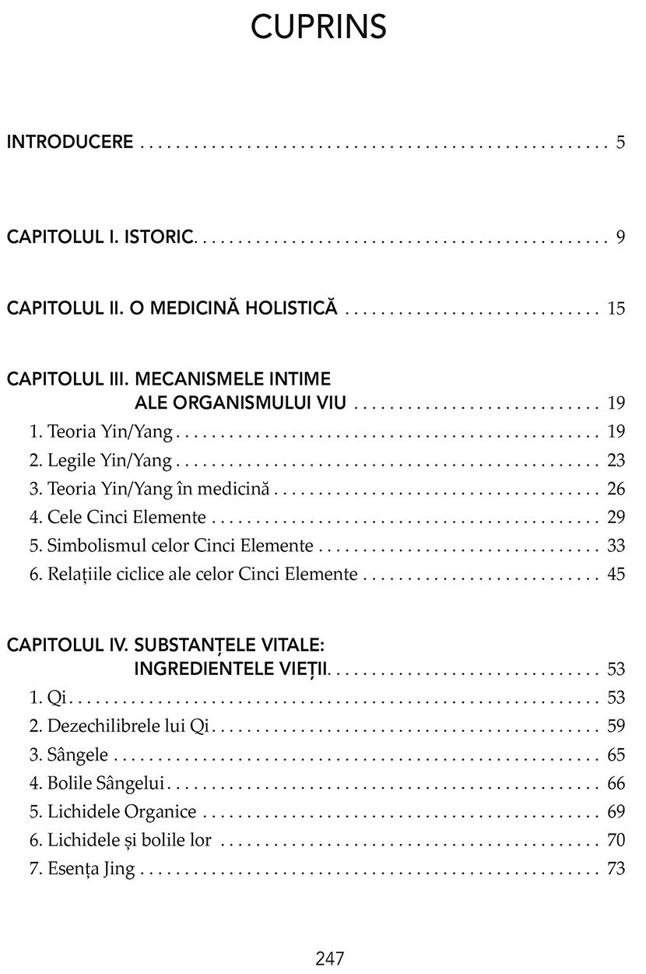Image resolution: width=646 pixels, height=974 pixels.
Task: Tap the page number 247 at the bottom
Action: (x=330, y=958)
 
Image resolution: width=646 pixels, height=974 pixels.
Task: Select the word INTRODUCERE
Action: (x=70, y=142)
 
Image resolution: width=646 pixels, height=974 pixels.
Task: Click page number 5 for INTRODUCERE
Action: (x=620, y=142)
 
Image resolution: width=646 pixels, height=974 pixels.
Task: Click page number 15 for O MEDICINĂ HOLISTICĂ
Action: (x=616, y=309)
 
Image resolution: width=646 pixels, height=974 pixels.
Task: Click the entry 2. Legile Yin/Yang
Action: (x=100, y=461)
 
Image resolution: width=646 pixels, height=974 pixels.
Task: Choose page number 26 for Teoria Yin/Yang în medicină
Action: (x=616, y=490)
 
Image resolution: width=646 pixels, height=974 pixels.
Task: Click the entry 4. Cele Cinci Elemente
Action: (x=118, y=518)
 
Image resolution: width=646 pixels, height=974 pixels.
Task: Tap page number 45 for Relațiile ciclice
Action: (x=616, y=575)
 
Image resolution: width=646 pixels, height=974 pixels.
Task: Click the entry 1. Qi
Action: (x=46, y=698)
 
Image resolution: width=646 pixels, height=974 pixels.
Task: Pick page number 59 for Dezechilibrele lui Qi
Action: (x=616, y=727)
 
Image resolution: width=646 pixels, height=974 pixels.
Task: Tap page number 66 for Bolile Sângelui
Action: (x=616, y=784)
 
